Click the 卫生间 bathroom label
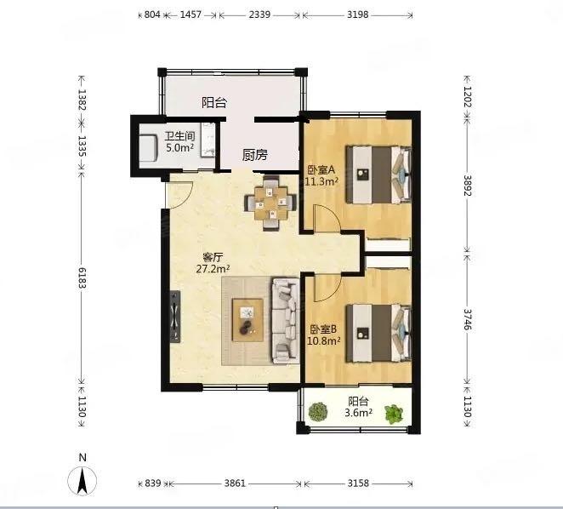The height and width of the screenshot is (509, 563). point(179,136)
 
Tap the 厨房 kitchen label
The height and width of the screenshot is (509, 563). point(254,155)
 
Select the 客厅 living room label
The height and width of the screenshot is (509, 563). point(213,257)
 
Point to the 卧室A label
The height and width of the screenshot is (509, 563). point(321,169)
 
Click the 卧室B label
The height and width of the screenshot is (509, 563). point(323,329)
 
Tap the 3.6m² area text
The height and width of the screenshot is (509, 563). point(358,412)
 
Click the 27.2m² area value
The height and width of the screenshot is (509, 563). point(213,268)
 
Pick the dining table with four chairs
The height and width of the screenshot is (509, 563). point(270,203)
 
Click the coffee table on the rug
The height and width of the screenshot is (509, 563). point(247,319)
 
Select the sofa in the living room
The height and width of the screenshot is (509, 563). point(286,321)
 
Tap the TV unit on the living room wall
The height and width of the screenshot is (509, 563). point(175,317)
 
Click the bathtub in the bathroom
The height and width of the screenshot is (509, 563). point(148,148)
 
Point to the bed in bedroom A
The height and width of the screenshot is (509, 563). point(378,174)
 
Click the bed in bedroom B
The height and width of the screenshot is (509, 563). point(378,334)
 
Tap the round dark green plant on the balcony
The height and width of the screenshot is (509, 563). point(318,412)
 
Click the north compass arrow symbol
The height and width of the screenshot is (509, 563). point(82,481)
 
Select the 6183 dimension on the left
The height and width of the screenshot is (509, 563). point(82,278)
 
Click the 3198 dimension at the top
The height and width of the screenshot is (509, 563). point(358,14)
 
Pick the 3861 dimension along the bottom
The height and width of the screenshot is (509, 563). point(235,483)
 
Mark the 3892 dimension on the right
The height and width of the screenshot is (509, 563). point(467,186)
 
